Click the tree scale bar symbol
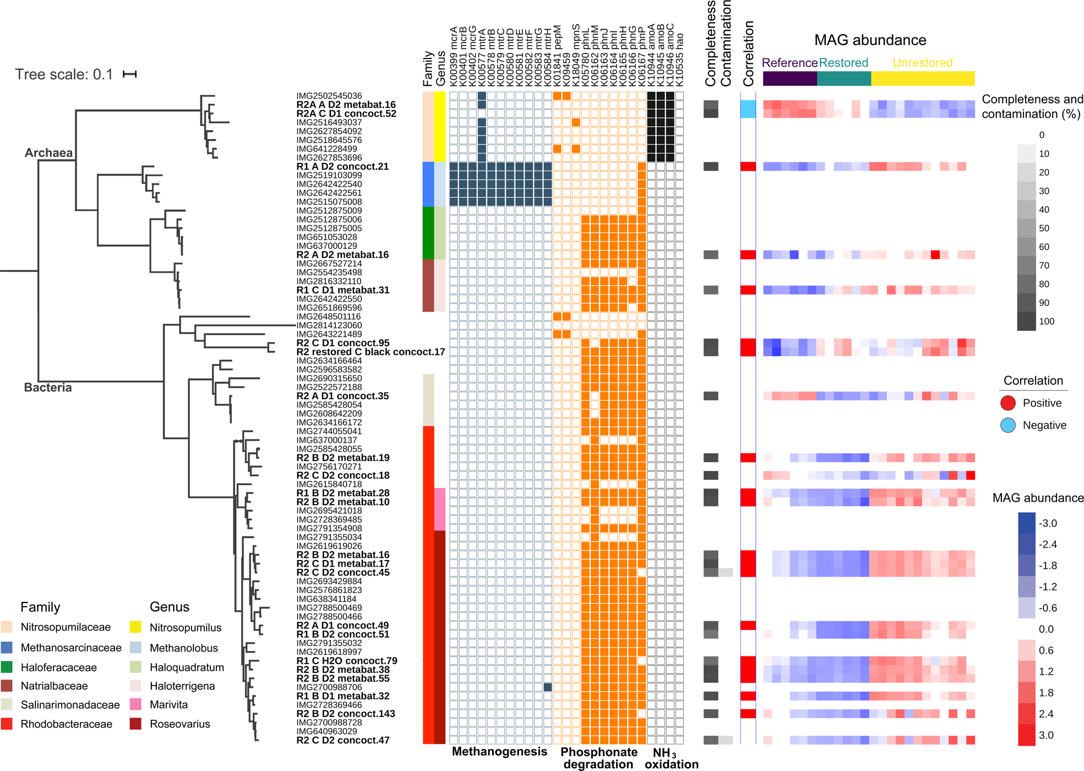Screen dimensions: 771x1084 coord(130,74)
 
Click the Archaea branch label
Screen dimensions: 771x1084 coord(48,153)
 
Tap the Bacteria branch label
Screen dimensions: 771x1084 coord(48,387)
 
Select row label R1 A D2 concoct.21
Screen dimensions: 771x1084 coord(342,166)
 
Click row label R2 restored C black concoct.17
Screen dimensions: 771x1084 coord(371,352)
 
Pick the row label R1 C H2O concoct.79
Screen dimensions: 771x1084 coord(347,661)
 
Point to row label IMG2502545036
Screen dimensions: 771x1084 coord(329,96)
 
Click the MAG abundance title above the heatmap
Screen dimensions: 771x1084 coord(870,40)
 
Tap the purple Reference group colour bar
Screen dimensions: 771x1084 coord(789,79)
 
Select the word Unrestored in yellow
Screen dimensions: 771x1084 coord(922,63)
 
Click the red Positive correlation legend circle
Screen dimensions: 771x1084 coord(1007,403)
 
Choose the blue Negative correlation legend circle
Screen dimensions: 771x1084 coord(1007,425)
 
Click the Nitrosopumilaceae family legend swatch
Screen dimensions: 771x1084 coord(7,627)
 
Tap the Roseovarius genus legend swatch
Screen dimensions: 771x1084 coord(136,724)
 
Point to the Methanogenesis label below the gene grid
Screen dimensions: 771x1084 coord(499,752)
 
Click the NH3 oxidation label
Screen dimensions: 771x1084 coord(671,758)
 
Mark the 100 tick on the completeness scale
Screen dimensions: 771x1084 coord(1046,322)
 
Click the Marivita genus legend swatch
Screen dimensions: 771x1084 coord(136,704)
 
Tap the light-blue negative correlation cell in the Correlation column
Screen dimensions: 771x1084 coord(748,109)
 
